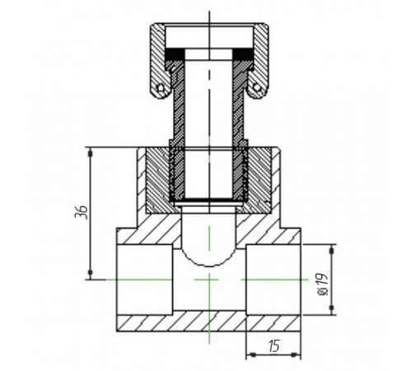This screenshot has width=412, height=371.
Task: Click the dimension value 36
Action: pyautogui.click(x=82, y=212)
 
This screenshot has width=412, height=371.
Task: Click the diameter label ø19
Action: pyautogui.click(x=323, y=284)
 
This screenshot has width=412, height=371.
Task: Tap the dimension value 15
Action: pyautogui.click(x=274, y=345)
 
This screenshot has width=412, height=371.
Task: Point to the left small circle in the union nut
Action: pyautogui.click(x=161, y=87)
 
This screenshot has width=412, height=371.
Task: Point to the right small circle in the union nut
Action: pyautogui.click(x=257, y=87)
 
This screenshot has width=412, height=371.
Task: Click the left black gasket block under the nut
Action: pyautogui.click(x=175, y=54)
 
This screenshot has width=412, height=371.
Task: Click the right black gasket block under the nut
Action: pyautogui.click(x=243, y=54)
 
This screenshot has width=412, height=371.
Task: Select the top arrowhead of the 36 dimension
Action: pyautogui.click(x=90, y=153)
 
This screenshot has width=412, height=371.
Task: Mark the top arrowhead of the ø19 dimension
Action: pyautogui.click(x=331, y=249)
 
